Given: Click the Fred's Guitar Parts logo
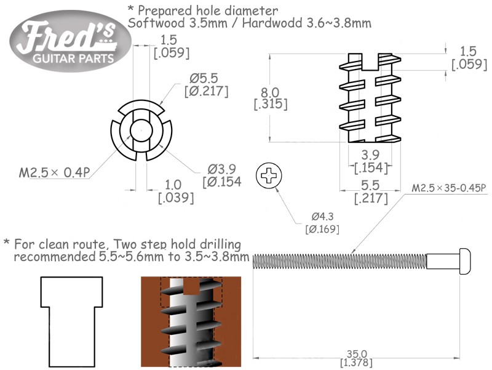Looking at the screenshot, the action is click(x=71, y=41).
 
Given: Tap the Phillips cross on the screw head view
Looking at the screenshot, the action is click(x=269, y=175).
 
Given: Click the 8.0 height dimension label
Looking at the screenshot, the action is click(x=270, y=99).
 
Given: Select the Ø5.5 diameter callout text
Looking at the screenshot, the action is click(x=206, y=85).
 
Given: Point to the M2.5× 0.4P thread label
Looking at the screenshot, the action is click(x=55, y=172).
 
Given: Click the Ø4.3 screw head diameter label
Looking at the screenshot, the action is click(x=322, y=223).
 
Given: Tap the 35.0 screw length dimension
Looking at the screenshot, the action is click(x=357, y=358).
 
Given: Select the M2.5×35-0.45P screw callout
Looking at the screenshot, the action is click(x=449, y=188).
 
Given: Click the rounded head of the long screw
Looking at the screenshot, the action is click(x=465, y=260).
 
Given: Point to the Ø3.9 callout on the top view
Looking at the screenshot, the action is click(x=222, y=175).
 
